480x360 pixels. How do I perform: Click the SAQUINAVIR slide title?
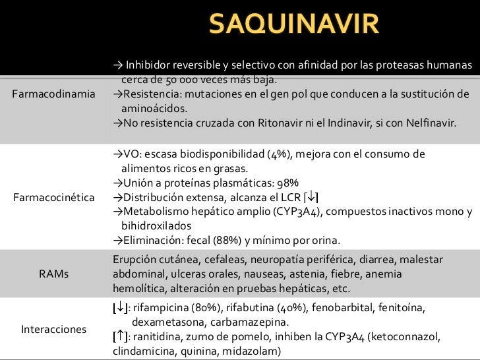(294, 26)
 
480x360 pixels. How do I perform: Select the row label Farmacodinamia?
(54, 94)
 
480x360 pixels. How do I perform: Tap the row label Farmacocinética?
(54, 198)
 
